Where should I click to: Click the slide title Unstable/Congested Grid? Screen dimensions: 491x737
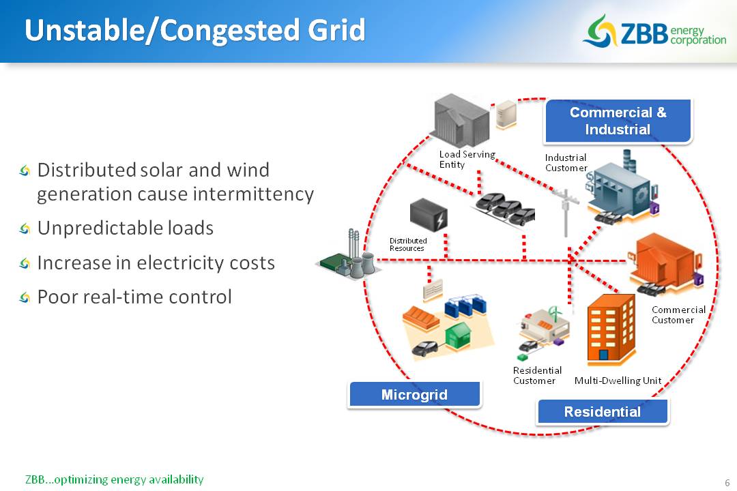pyautogui.click(x=195, y=31)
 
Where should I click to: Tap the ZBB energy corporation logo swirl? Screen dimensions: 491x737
pyautogui.click(x=600, y=31)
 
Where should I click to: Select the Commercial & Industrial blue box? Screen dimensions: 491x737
pyautogui.click(x=618, y=121)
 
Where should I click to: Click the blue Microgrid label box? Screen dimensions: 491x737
pyautogui.click(x=414, y=395)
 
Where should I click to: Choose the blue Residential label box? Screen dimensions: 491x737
pyautogui.click(x=602, y=412)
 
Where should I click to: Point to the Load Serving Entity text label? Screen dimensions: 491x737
pyautogui.click(x=466, y=160)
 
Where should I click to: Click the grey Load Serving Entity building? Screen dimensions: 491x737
pyautogui.click(x=462, y=120)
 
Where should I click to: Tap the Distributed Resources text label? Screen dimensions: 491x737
pyautogui.click(x=408, y=244)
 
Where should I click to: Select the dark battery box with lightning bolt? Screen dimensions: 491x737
pyautogui.click(x=429, y=215)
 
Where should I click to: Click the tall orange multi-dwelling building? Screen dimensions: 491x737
pyautogui.click(x=611, y=331)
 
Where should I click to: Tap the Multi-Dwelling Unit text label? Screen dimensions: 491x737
pyautogui.click(x=618, y=381)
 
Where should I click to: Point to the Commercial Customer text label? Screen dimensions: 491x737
pyautogui.click(x=678, y=314)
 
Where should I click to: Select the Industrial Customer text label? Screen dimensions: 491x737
pyautogui.click(x=566, y=162)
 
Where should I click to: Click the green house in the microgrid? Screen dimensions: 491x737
pyautogui.click(x=458, y=334)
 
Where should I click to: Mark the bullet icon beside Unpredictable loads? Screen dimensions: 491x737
pyautogui.click(x=25, y=228)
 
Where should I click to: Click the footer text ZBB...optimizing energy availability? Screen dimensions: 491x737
pyautogui.click(x=114, y=479)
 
